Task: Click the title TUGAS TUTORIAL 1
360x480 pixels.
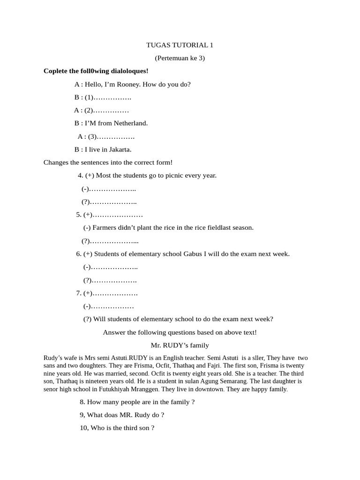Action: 180,45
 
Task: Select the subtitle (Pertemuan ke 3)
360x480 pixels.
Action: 180,58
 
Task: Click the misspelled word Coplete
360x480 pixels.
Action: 56,71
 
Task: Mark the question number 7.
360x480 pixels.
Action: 79,293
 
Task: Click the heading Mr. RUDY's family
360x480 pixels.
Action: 180,345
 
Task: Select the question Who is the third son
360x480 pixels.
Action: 117,428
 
